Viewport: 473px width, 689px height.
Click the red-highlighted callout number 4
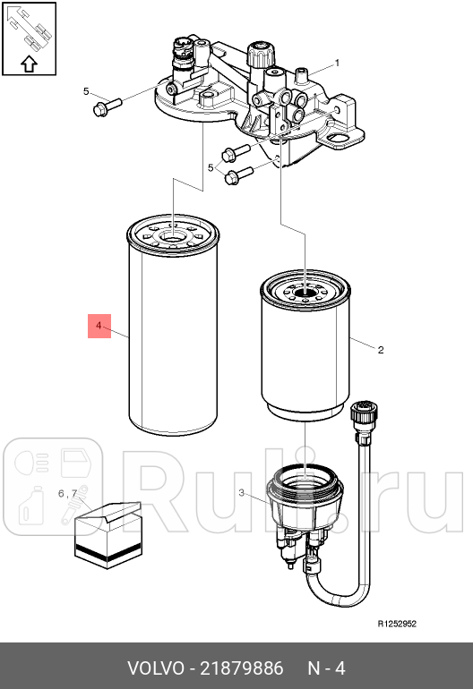tap(99, 326)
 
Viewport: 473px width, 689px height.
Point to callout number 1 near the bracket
tap(338, 64)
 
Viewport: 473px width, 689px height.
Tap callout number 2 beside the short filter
tap(381, 350)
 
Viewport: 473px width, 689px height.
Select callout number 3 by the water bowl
tap(242, 492)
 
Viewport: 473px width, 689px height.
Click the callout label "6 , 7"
tap(68, 493)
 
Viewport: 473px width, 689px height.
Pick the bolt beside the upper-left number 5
tap(107, 106)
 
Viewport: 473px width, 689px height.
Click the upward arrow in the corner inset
tap(29, 64)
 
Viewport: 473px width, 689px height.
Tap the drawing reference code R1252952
tap(397, 624)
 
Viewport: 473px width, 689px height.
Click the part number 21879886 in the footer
tap(242, 668)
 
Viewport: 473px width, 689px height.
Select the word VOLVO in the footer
tap(156, 668)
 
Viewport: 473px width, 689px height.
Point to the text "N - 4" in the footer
tap(326, 668)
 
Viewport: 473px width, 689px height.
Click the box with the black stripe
tap(108, 536)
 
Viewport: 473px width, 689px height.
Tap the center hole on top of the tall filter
tap(173, 236)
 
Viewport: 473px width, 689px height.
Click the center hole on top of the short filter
tap(305, 291)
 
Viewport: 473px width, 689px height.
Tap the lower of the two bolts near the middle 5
tap(238, 175)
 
